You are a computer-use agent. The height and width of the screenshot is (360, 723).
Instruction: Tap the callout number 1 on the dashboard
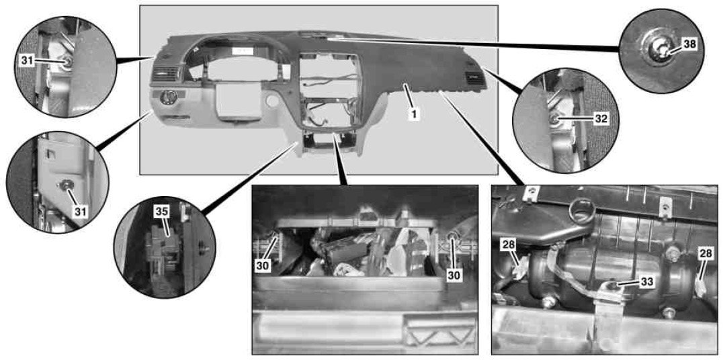tap(414, 112)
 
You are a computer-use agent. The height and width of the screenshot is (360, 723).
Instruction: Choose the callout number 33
tap(646, 281)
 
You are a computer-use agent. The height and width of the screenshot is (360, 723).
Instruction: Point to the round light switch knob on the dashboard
tap(167, 97)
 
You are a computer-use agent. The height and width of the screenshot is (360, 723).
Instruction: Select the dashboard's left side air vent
tap(165, 73)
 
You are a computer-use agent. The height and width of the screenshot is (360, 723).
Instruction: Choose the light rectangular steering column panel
tap(236, 100)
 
